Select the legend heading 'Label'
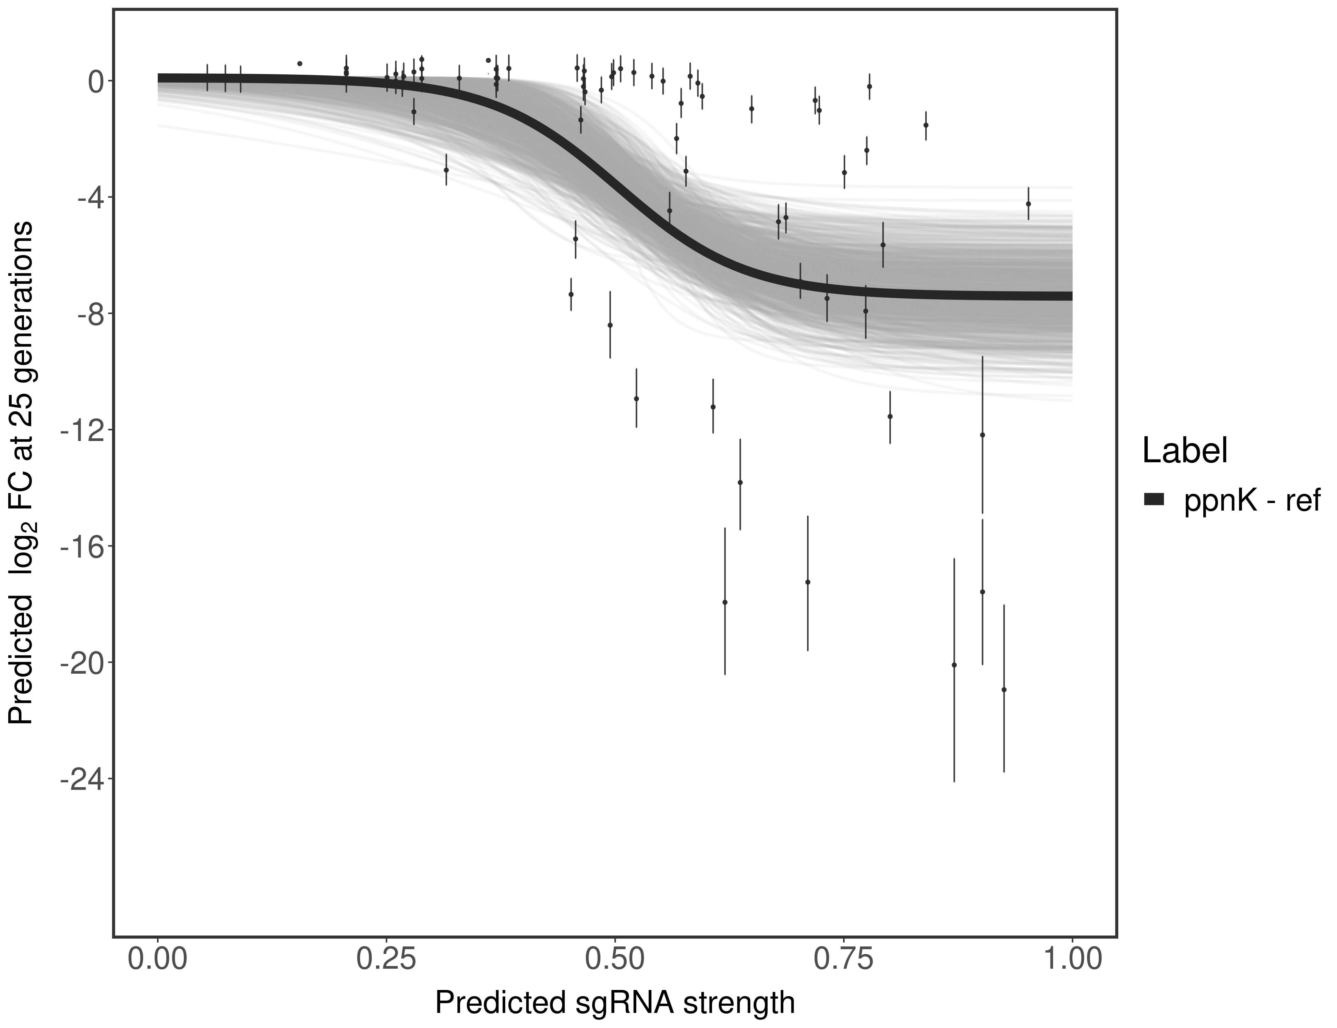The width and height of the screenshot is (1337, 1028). coord(1185,452)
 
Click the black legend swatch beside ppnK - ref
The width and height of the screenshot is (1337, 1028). coord(1154,500)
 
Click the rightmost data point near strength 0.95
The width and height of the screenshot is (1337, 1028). coord(1028,204)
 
